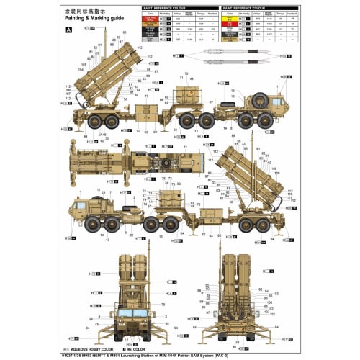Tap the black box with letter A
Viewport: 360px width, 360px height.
tap(69, 30)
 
